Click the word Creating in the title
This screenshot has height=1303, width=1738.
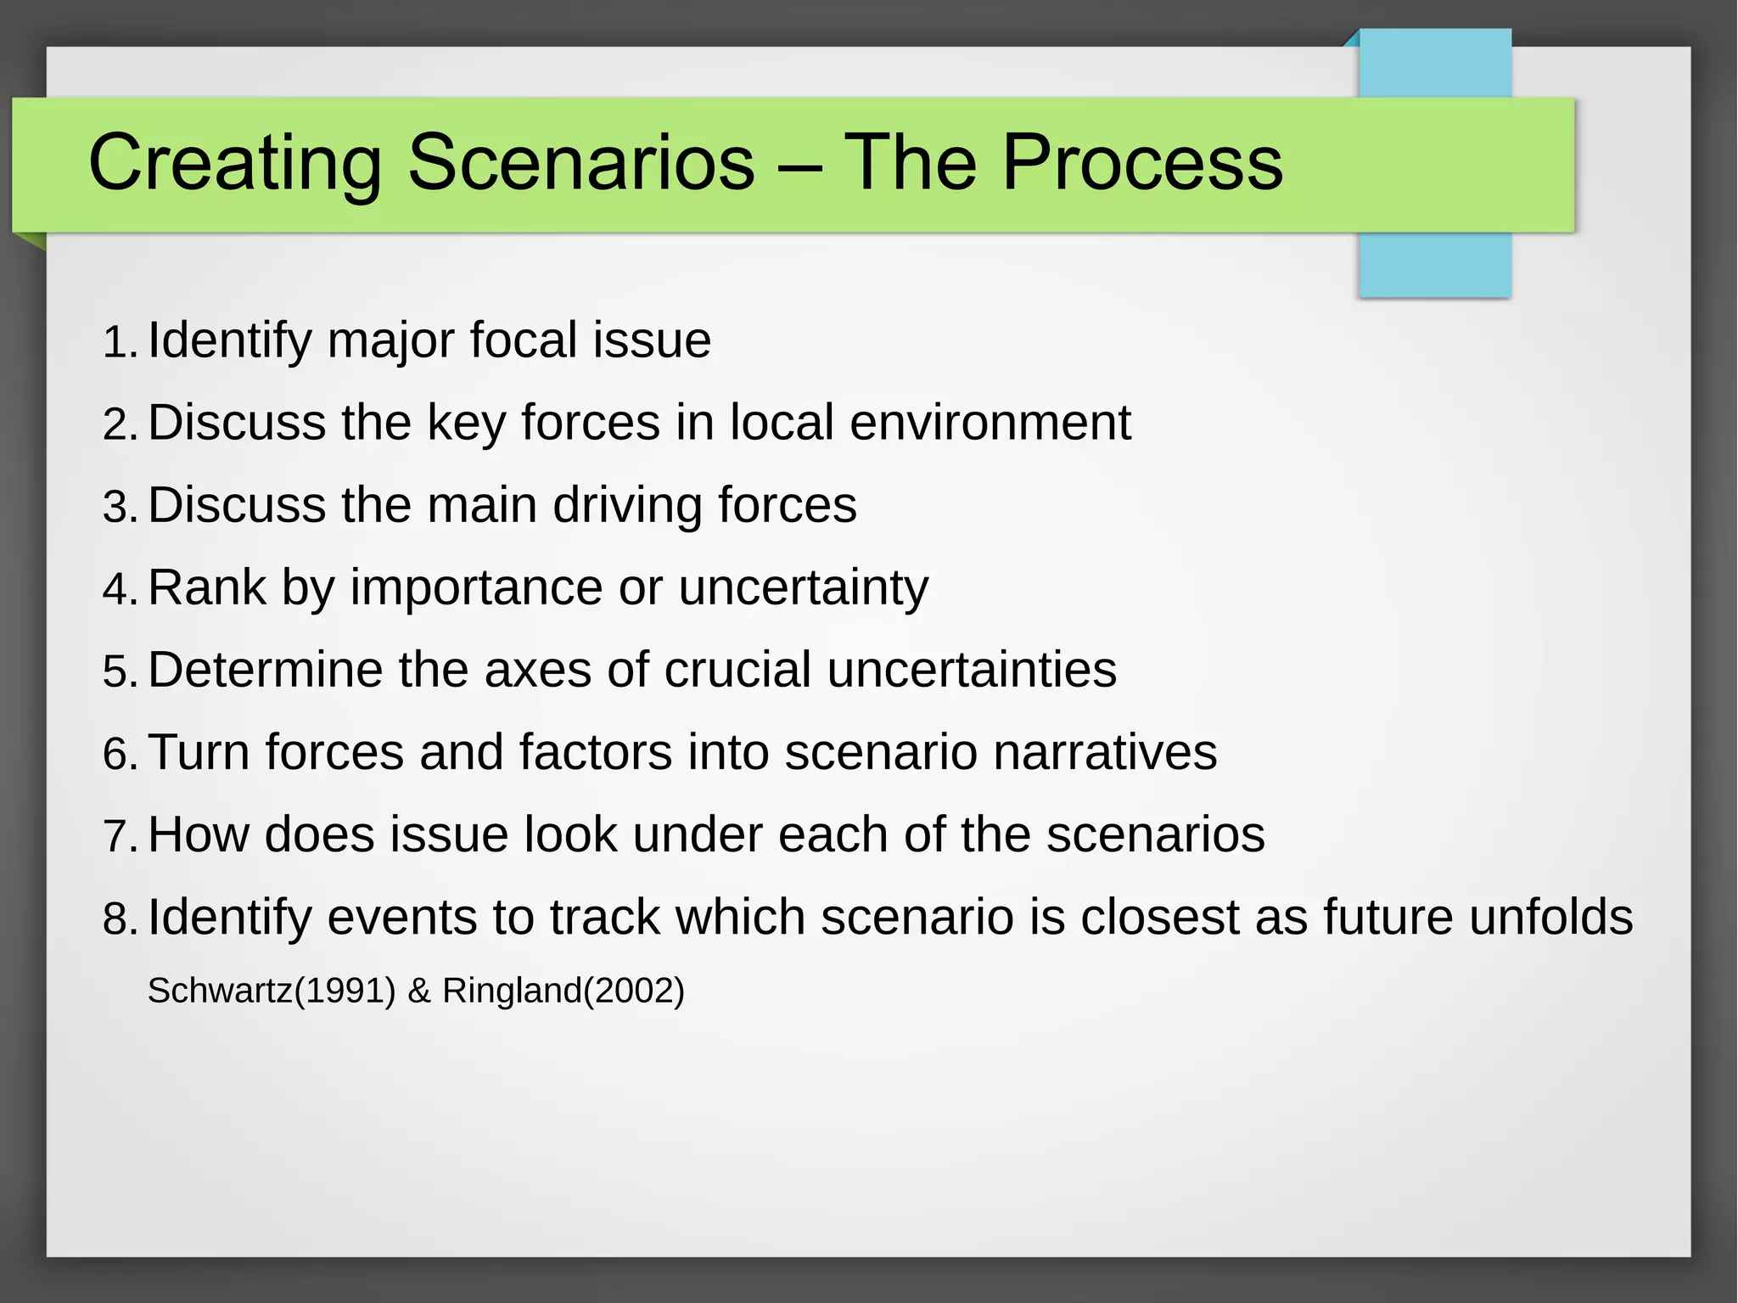(x=235, y=162)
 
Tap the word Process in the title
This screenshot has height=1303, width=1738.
(x=1142, y=162)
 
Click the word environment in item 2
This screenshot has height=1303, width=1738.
(x=990, y=422)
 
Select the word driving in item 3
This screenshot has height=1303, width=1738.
(x=628, y=505)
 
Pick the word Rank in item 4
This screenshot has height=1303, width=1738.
(x=207, y=587)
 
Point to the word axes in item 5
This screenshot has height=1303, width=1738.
(x=537, y=670)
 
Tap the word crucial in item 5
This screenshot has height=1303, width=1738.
(x=737, y=670)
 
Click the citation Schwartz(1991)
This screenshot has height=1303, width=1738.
(x=272, y=991)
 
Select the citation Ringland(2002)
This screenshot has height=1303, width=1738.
(x=563, y=991)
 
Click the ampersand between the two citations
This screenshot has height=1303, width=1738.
(x=419, y=991)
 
